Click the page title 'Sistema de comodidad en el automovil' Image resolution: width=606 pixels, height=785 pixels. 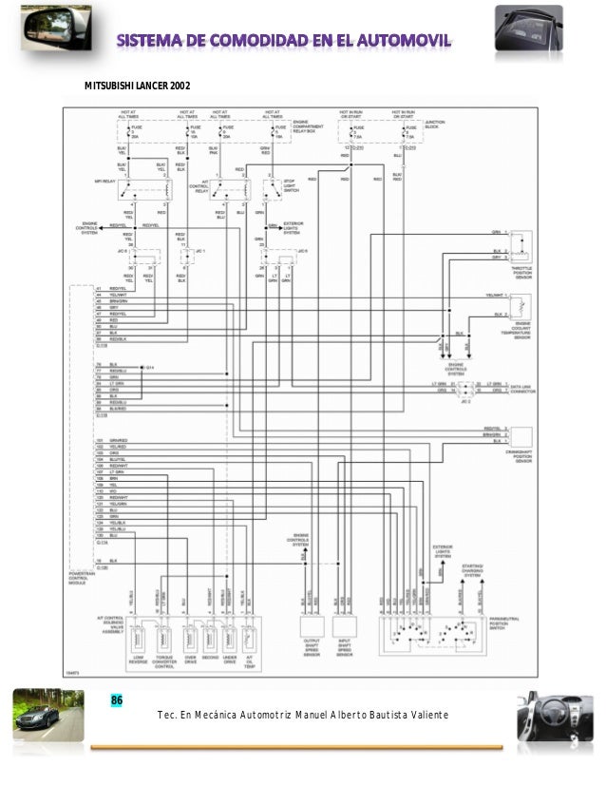[285, 41]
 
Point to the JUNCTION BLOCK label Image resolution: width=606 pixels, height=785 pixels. [434, 124]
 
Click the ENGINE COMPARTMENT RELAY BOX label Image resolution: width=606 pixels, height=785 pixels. [307, 125]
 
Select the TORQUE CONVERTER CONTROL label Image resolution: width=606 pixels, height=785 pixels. [165, 661]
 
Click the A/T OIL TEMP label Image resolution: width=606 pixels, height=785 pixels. [249, 661]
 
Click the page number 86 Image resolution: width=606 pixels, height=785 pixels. [117, 701]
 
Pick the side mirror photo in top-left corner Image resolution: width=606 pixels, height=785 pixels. [31, 30]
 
